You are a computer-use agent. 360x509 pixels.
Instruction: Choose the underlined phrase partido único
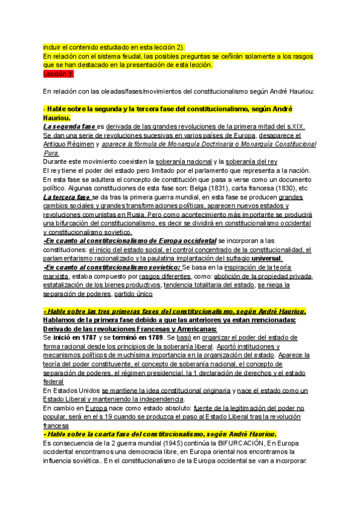[x=133, y=294]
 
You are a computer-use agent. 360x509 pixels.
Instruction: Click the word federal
[x=53, y=382]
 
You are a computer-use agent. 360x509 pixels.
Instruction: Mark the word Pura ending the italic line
[x=51, y=153]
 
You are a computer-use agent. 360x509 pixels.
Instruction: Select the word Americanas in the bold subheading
[x=193, y=329]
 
